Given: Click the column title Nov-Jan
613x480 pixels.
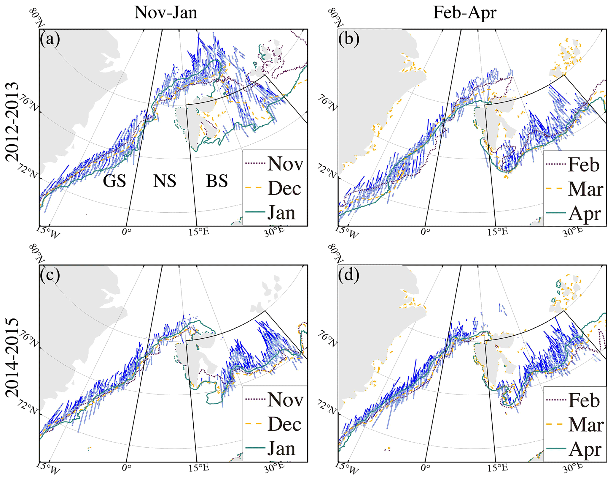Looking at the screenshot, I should tap(165, 13).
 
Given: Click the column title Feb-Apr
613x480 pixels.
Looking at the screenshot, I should tap(464, 13).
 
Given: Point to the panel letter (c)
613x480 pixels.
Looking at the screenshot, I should tap(50, 275).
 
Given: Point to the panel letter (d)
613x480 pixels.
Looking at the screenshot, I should tap(349, 275).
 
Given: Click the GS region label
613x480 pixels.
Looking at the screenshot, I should tap(114, 181).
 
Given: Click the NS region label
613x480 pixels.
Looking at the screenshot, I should tap(165, 181).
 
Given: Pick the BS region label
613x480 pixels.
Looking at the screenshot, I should tap(217, 181).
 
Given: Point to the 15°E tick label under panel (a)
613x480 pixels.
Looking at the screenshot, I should tap(199, 232).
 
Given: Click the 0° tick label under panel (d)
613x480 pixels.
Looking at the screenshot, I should tap(425, 468).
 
